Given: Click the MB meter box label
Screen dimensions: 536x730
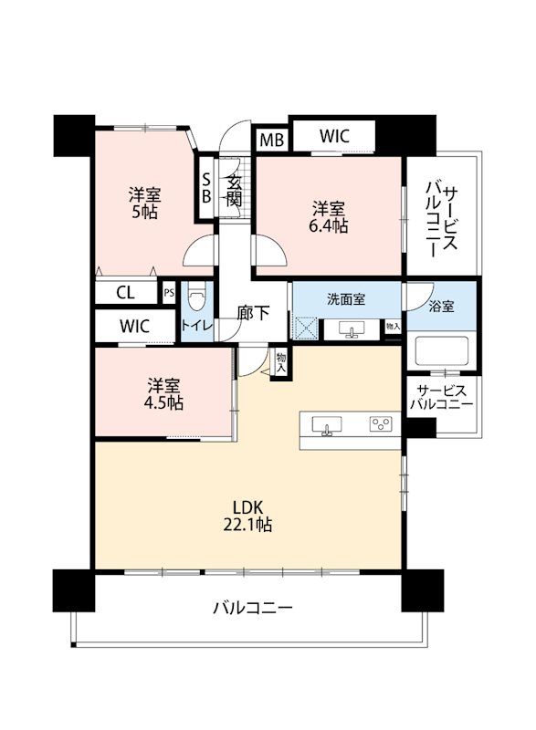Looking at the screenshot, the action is (271, 140).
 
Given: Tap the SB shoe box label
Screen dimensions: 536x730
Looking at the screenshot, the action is (205, 188).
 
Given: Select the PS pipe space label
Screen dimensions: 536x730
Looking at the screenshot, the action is (169, 293).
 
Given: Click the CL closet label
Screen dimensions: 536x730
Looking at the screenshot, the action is (125, 293).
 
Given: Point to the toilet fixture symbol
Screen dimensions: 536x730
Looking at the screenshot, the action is (195, 298).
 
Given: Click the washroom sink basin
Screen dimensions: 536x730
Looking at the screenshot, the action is (352, 330).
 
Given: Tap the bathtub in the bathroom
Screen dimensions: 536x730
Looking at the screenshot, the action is (441, 351).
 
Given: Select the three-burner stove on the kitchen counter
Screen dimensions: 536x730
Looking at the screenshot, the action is (381, 424).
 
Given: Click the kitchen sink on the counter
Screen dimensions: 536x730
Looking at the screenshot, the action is (327, 426).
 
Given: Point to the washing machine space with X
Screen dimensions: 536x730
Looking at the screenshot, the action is (305, 328).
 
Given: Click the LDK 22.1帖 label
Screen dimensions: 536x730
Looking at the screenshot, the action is (248, 516).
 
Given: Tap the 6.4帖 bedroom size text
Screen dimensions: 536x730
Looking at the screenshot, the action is (330, 226).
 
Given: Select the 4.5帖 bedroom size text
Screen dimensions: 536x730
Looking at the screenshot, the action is (163, 402).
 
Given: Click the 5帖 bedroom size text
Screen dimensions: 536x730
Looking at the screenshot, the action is (145, 212).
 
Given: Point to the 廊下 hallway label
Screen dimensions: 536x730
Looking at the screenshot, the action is (253, 313).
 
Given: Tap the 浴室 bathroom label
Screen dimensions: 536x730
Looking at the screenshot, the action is (441, 307).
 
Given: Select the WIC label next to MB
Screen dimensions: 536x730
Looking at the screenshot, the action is (334, 136).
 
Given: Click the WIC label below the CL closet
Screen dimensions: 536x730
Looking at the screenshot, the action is (134, 326).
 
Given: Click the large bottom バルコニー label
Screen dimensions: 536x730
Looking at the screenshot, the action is (253, 608).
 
